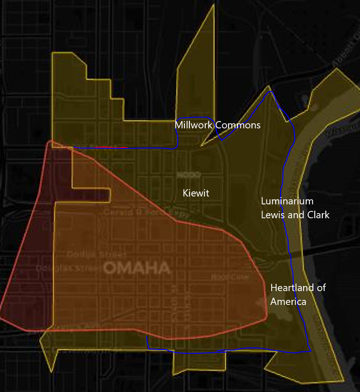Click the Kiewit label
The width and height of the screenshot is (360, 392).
pyautogui.click(x=196, y=193)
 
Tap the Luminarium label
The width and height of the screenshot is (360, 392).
pyautogui.click(x=287, y=201)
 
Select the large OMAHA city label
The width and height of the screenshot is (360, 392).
pyautogui.click(x=137, y=268)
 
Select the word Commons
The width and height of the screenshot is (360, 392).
pyautogui.click(x=238, y=125)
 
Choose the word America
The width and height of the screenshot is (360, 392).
pyautogui.click(x=288, y=302)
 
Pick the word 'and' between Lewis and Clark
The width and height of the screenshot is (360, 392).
pyautogui.click(x=293, y=215)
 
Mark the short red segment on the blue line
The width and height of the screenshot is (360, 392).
pyautogui.click(x=111, y=147)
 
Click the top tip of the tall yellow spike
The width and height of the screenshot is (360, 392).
pyautogui.click(x=213, y=5)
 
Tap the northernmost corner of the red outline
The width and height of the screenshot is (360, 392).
pyautogui.click(x=49, y=142)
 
